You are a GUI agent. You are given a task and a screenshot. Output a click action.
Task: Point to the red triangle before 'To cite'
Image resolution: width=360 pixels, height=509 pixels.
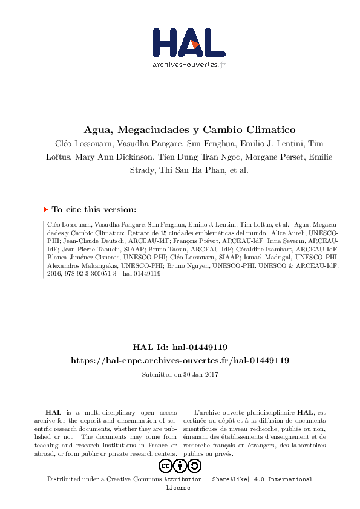(45, 209)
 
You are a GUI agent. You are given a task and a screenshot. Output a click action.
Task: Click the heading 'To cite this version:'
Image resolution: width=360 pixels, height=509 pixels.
(94, 209)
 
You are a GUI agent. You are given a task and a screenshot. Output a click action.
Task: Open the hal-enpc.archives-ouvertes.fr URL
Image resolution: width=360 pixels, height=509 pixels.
(180, 360)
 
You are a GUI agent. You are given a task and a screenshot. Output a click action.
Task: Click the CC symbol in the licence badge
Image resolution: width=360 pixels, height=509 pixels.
(166, 465)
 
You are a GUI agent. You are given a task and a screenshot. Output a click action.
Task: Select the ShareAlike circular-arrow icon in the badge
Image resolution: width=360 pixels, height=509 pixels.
(194, 465)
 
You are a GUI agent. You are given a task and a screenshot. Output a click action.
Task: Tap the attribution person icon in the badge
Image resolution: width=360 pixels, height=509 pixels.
(180, 465)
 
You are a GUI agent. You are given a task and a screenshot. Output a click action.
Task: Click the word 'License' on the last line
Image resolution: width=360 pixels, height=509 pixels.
(178, 487)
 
